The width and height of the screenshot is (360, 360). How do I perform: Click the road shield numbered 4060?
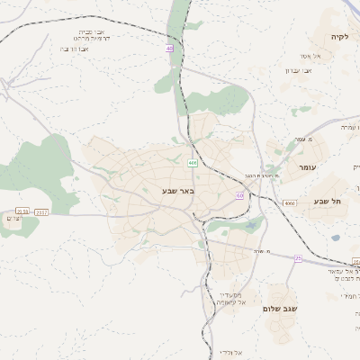[x=289, y=203]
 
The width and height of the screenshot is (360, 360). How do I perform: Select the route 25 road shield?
[x=298, y=258]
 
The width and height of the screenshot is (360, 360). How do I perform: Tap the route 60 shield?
[x=239, y=194]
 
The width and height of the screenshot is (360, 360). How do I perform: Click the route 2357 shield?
[x=42, y=211]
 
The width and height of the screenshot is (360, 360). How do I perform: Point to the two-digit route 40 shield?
[x=170, y=48]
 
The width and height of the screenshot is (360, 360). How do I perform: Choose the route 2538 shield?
[x=22, y=211]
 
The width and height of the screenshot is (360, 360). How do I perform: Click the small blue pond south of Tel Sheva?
[x=336, y=238]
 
